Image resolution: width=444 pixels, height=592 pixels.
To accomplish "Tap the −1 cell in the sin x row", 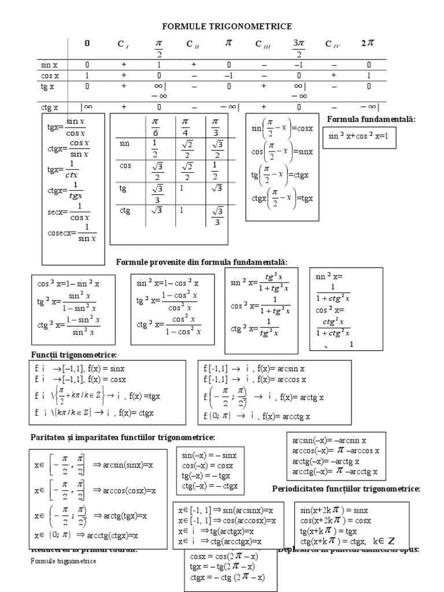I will [x=298, y=65].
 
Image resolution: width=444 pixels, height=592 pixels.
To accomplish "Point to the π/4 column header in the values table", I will [x=185, y=127].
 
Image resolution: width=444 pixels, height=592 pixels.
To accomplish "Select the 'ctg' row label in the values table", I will [x=125, y=211].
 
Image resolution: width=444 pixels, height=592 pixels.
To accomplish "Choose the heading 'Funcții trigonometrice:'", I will [x=73, y=354].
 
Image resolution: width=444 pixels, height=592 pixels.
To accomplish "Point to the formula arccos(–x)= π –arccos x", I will [x=335, y=450].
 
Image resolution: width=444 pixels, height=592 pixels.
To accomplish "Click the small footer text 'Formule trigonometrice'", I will [x=64, y=561].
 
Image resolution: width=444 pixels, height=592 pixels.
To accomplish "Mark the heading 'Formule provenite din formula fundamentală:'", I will [x=202, y=262].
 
